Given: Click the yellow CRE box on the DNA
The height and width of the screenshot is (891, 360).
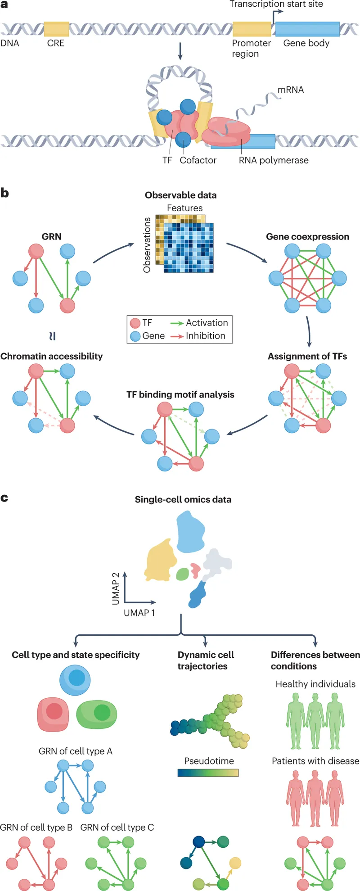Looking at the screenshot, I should (x=56, y=29).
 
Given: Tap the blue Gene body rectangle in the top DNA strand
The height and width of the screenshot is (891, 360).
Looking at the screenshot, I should (x=307, y=29).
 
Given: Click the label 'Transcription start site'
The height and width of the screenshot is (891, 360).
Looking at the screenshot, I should (x=276, y=5).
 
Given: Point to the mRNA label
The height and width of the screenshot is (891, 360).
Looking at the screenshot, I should (x=290, y=90).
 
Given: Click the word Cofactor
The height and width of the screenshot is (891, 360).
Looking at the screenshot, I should (x=198, y=160).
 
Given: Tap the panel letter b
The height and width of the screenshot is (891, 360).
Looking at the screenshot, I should (x=4, y=194).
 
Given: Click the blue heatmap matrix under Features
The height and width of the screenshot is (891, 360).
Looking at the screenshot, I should (x=189, y=247).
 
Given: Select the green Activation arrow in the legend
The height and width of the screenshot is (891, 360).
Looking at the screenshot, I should (x=177, y=323).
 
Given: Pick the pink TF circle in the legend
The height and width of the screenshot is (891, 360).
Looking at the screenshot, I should (x=135, y=323).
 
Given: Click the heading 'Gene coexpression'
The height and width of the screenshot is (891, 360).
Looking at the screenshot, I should (x=307, y=237).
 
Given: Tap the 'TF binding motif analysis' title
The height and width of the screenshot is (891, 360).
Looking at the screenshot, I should (x=180, y=395).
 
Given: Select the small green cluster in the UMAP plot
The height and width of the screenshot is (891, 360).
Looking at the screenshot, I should (x=182, y=574).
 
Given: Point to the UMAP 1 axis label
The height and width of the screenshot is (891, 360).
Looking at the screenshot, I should (x=139, y=613).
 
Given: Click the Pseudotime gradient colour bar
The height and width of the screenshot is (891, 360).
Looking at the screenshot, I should (x=208, y=773).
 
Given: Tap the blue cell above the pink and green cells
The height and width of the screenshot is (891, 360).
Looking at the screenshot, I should (x=75, y=680).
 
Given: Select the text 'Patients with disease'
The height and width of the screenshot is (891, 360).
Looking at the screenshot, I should (x=315, y=761).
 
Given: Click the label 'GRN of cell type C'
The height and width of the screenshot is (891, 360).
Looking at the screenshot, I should (x=117, y=828).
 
